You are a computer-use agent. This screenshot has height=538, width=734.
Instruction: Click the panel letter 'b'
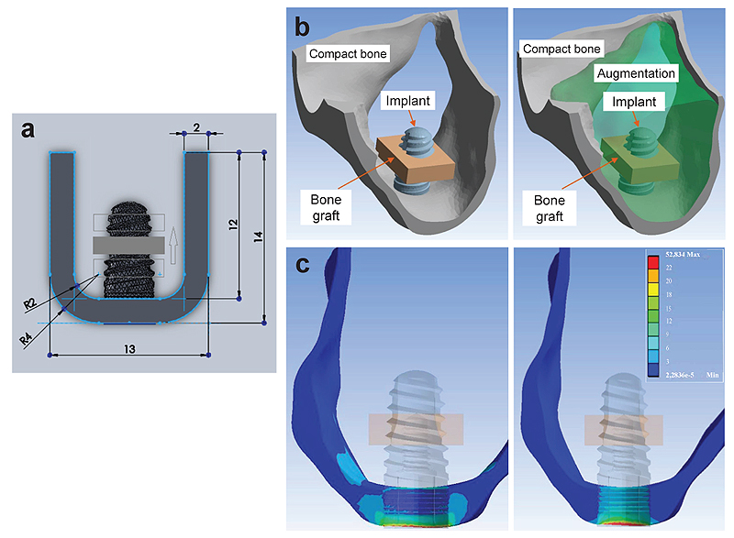(x=301, y=27)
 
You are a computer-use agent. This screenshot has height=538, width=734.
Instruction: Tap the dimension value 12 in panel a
(x=228, y=225)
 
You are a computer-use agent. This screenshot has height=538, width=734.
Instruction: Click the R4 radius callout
(x=27, y=339)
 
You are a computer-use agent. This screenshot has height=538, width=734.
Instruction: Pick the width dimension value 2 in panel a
(x=195, y=126)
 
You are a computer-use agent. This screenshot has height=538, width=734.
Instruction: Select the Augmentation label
(x=635, y=72)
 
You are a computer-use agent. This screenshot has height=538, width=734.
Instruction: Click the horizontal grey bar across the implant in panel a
(x=129, y=244)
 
